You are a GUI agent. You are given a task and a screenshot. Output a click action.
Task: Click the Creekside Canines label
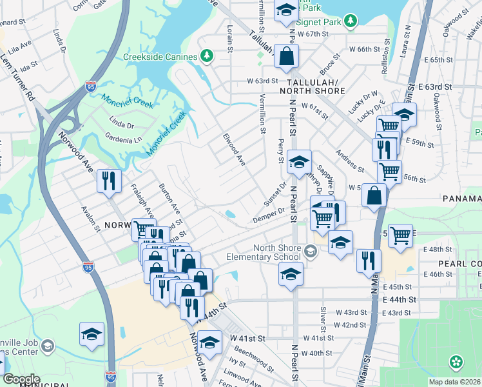pyautogui.click(x=160, y=57)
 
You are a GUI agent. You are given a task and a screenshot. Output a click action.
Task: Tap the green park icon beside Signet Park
pyautogui.click(x=350, y=22)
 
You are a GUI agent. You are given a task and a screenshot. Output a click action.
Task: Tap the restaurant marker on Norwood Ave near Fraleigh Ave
pyautogui.click(x=109, y=181)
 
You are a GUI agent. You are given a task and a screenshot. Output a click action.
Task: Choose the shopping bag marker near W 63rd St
pyautogui.click(x=285, y=56)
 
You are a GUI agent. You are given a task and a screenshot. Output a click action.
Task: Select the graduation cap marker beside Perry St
pyautogui.click(x=299, y=162)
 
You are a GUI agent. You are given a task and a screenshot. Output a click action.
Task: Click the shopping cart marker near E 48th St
pyautogui.click(x=400, y=235)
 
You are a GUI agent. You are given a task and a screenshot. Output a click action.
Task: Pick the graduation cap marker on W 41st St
pyautogui.click(x=209, y=342)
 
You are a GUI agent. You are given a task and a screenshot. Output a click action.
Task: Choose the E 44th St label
pyautogui.click(x=400, y=301)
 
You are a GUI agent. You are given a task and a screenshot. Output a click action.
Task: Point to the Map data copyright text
pyautogui.click(x=455, y=382)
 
